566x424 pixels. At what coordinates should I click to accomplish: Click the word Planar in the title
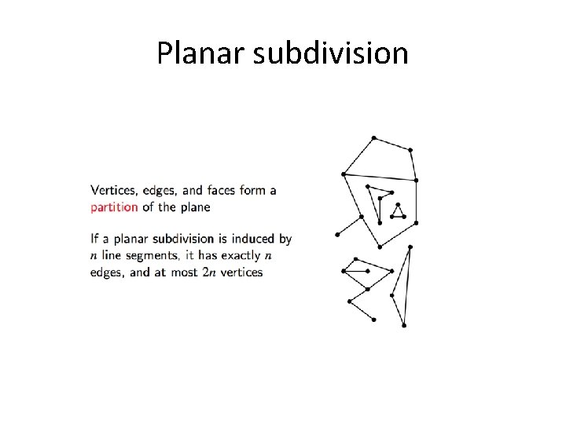(x=193, y=53)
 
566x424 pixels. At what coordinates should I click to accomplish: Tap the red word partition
(x=114, y=207)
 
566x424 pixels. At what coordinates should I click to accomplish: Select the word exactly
(x=239, y=255)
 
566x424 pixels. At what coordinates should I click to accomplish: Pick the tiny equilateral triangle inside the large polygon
(x=399, y=212)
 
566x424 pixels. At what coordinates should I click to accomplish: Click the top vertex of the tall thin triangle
(x=410, y=247)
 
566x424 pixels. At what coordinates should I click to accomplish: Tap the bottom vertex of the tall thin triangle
(x=404, y=324)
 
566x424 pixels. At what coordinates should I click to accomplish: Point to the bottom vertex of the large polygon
(x=380, y=247)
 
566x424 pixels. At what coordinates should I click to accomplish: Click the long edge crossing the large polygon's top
(x=379, y=177)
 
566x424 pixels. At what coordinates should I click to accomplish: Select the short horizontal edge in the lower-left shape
(x=356, y=271)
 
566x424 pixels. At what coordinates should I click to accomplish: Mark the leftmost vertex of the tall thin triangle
(x=391, y=295)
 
